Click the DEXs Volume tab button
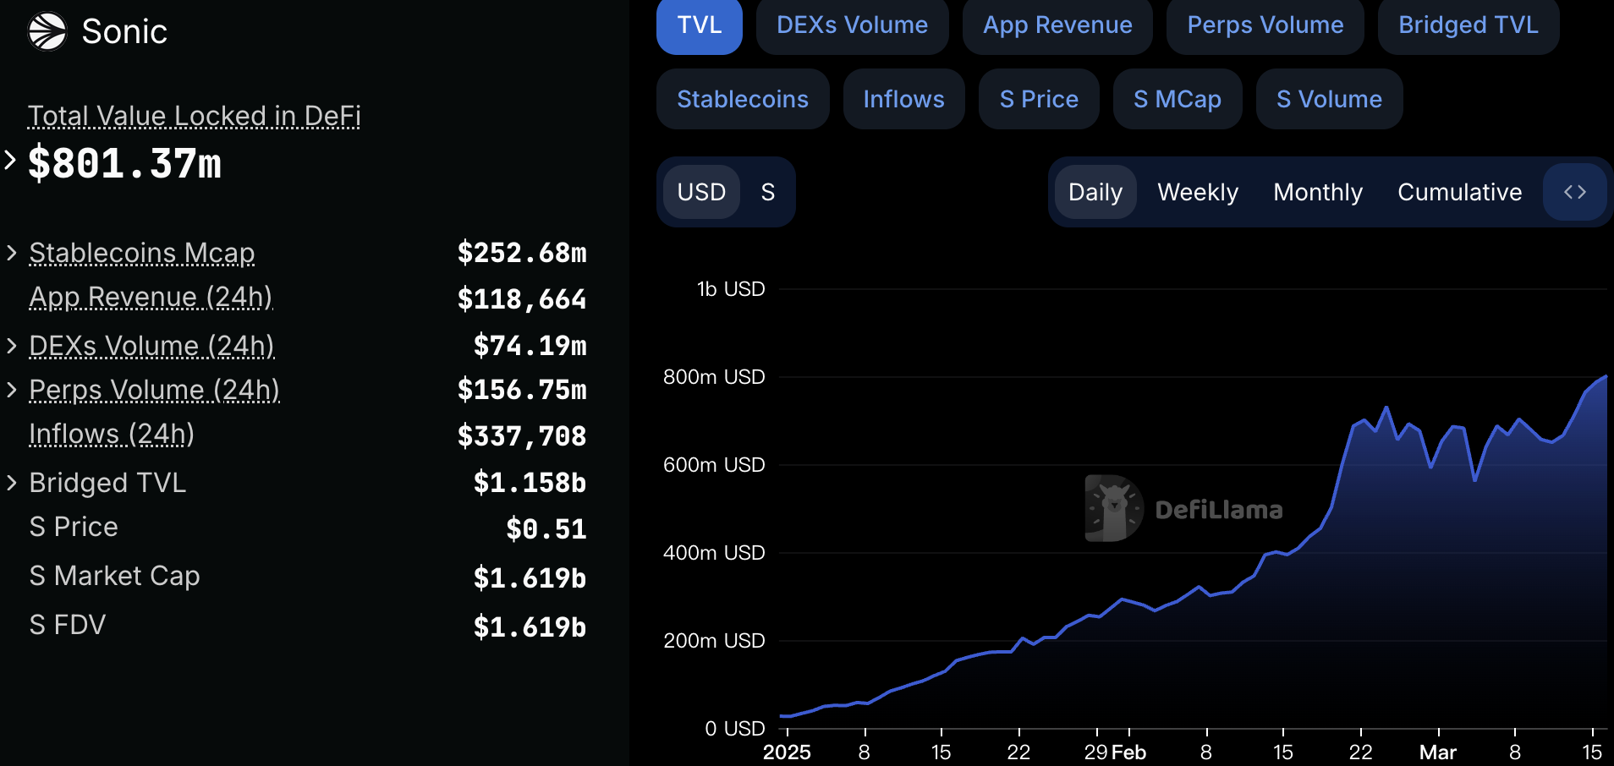pyautogui.click(x=852, y=25)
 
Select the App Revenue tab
pyautogui.click(x=1057, y=25)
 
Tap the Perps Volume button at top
pyautogui.click(x=1265, y=25)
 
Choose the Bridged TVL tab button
pyautogui.click(x=1468, y=25)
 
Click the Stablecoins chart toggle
pyautogui.click(x=743, y=100)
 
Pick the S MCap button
pyautogui.click(x=1177, y=100)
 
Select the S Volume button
pyautogui.click(x=1329, y=100)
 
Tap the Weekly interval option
pyautogui.click(x=1197, y=193)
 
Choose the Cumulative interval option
pyautogui.click(x=1459, y=193)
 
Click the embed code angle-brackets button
pyautogui.click(x=1574, y=193)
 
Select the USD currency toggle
pyautogui.click(x=701, y=193)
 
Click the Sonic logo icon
pyautogui.click(x=47, y=32)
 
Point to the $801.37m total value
pyautogui.click(x=124, y=163)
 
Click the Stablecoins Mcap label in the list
pyautogui.click(x=141, y=254)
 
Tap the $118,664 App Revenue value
pyautogui.click(x=521, y=299)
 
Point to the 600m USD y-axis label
pyautogui.click(x=714, y=465)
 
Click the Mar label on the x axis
pyautogui.click(x=1437, y=752)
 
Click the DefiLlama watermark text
pyautogui.click(x=1218, y=510)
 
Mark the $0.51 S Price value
pyautogui.click(x=546, y=529)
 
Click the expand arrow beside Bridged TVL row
pyautogui.click(x=12, y=483)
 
